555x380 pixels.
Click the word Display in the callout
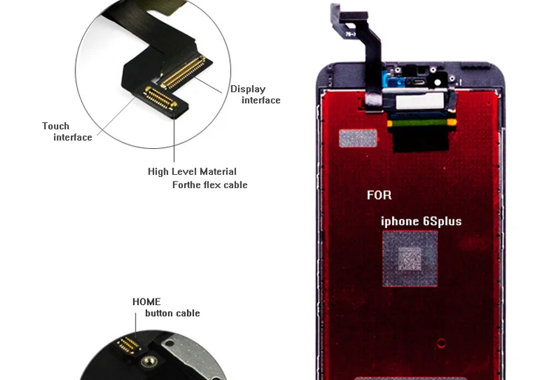[247, 89]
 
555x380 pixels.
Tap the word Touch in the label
[55, 126]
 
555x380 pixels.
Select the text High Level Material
[192, 172]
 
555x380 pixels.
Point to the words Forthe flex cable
[209, 184]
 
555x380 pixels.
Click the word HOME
[147, 301]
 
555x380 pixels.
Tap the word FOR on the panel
[380, 196]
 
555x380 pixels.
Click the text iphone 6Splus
[420, 221]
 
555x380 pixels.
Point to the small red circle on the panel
[441, 343]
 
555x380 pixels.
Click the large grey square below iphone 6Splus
[409, 258]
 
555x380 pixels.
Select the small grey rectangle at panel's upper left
[357, 139]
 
